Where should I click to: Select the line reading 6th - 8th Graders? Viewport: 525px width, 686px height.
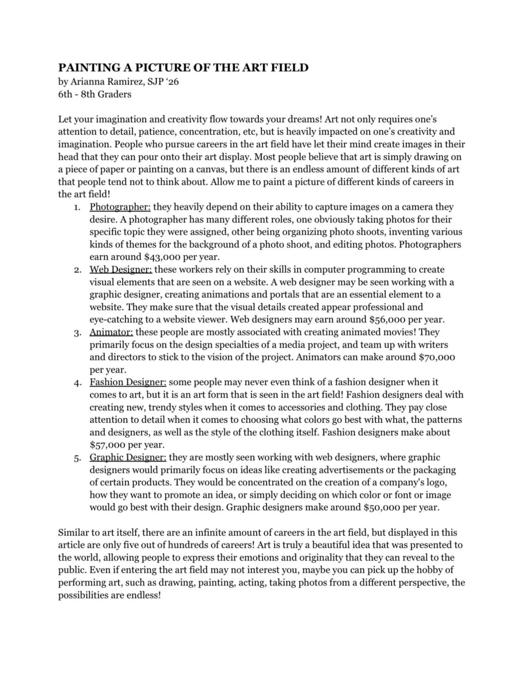[95, 94]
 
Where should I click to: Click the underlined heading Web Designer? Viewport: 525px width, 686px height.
[121, 270]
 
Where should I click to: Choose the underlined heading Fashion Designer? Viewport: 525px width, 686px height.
[128, 382]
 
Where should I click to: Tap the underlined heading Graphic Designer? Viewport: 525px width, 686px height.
[128, 457]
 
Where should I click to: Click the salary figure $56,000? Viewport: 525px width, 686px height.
[386, 319]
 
